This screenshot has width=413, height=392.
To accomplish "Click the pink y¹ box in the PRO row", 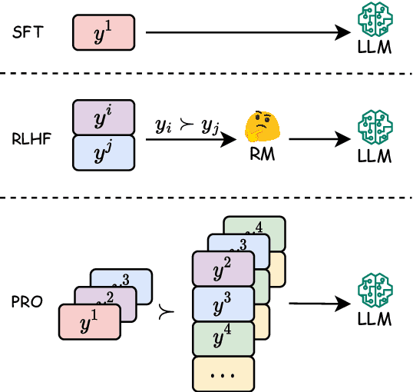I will tap(90, 321).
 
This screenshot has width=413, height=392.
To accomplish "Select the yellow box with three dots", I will tap(223, 374).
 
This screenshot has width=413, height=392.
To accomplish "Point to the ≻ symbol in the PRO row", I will tap(164, 311).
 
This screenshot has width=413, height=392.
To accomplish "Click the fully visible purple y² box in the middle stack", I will tap(223, 268).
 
